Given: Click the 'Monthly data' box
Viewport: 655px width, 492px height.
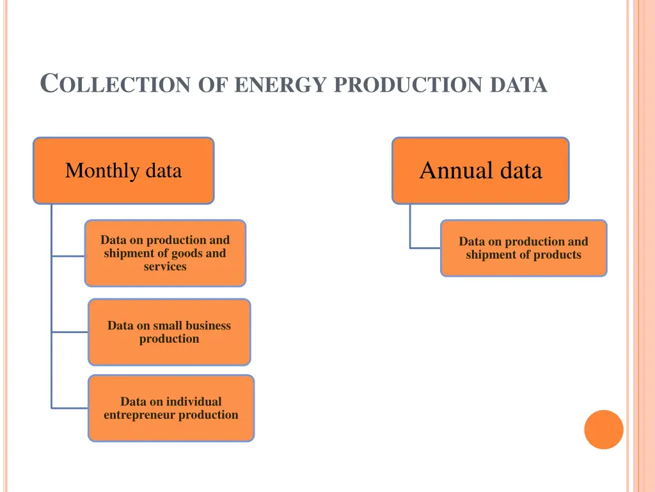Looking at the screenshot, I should tap(123, 170).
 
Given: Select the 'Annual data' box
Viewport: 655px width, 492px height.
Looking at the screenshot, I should tap(480, 170).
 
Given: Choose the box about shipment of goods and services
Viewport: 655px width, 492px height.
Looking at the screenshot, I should tap(165, 253).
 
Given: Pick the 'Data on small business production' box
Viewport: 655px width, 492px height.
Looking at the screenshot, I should tap(170, 332).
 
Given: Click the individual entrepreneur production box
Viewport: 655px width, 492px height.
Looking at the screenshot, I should tap(171, 408).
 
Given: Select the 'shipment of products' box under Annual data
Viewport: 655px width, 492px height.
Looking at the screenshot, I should tap(523, 248).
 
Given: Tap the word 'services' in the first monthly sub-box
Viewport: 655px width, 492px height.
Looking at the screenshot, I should tap(165, 266).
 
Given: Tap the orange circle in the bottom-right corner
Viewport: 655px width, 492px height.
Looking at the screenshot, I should tap(603, 429).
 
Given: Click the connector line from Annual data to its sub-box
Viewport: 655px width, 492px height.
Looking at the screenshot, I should tap(411, 227).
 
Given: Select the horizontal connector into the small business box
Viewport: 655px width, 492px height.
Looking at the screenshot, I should tap(70, 332).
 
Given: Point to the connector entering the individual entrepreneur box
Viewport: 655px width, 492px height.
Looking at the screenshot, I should tap(70, 407).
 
